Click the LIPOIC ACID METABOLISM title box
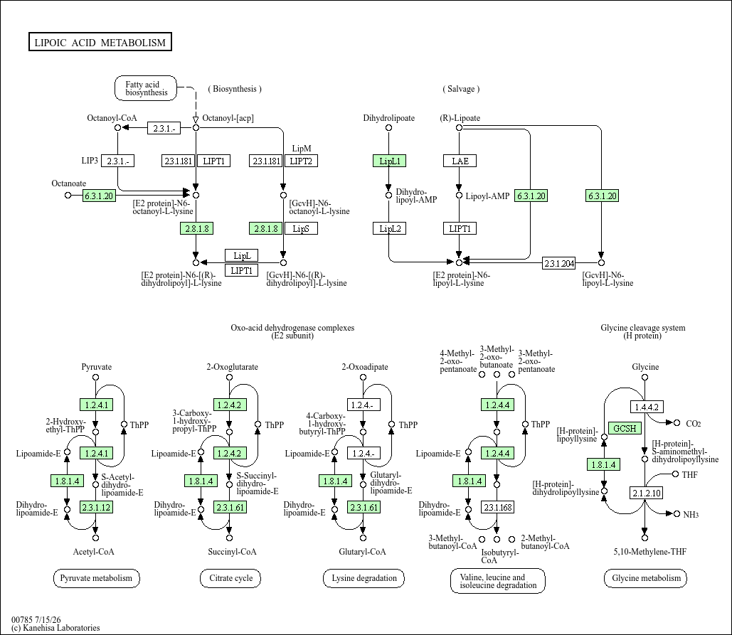coord(100,42)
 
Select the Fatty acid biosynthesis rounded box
coord(146,88)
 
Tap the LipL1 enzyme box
coord(389,161)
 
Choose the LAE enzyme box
coord(460,161)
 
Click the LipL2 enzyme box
coord(389,229)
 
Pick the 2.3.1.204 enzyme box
coord(559,263)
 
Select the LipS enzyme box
coord(301,229)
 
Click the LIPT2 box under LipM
coord(301,161)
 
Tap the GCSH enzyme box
coord(625,428)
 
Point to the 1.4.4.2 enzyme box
coord(647,407)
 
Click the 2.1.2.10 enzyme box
coord(647,493)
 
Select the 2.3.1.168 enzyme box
coord(498,507)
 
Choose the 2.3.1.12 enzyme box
coord(96,507)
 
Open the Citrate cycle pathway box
coord(230,578)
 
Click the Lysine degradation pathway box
coord(364,578)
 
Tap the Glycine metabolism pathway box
coord(646,578)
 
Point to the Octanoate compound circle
coord(68,195)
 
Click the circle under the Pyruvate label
coord(96,377)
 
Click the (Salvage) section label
coord(461,89)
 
